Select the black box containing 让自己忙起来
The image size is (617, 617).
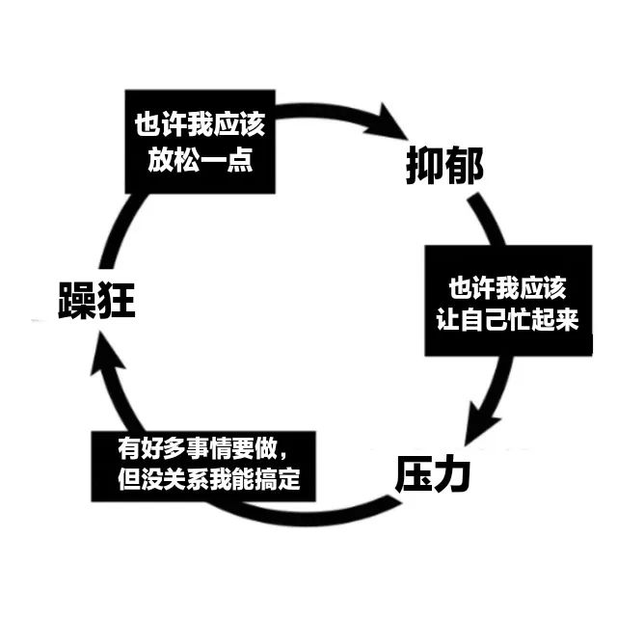(507, 303)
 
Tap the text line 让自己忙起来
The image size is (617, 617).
(507, 320)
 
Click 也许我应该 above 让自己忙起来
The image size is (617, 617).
(507, 288)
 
